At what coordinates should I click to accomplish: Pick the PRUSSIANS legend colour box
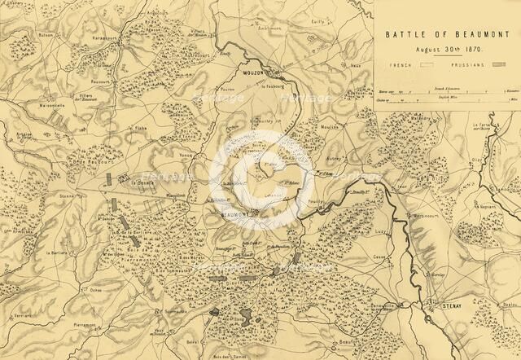[x=498, y=64]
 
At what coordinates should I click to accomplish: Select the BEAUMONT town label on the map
[x=237, y=214]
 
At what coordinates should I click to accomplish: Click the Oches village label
[x=96, y=289]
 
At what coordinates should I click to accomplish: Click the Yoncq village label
[x=186, y=154]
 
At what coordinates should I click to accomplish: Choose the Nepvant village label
[x=488, y=185]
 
